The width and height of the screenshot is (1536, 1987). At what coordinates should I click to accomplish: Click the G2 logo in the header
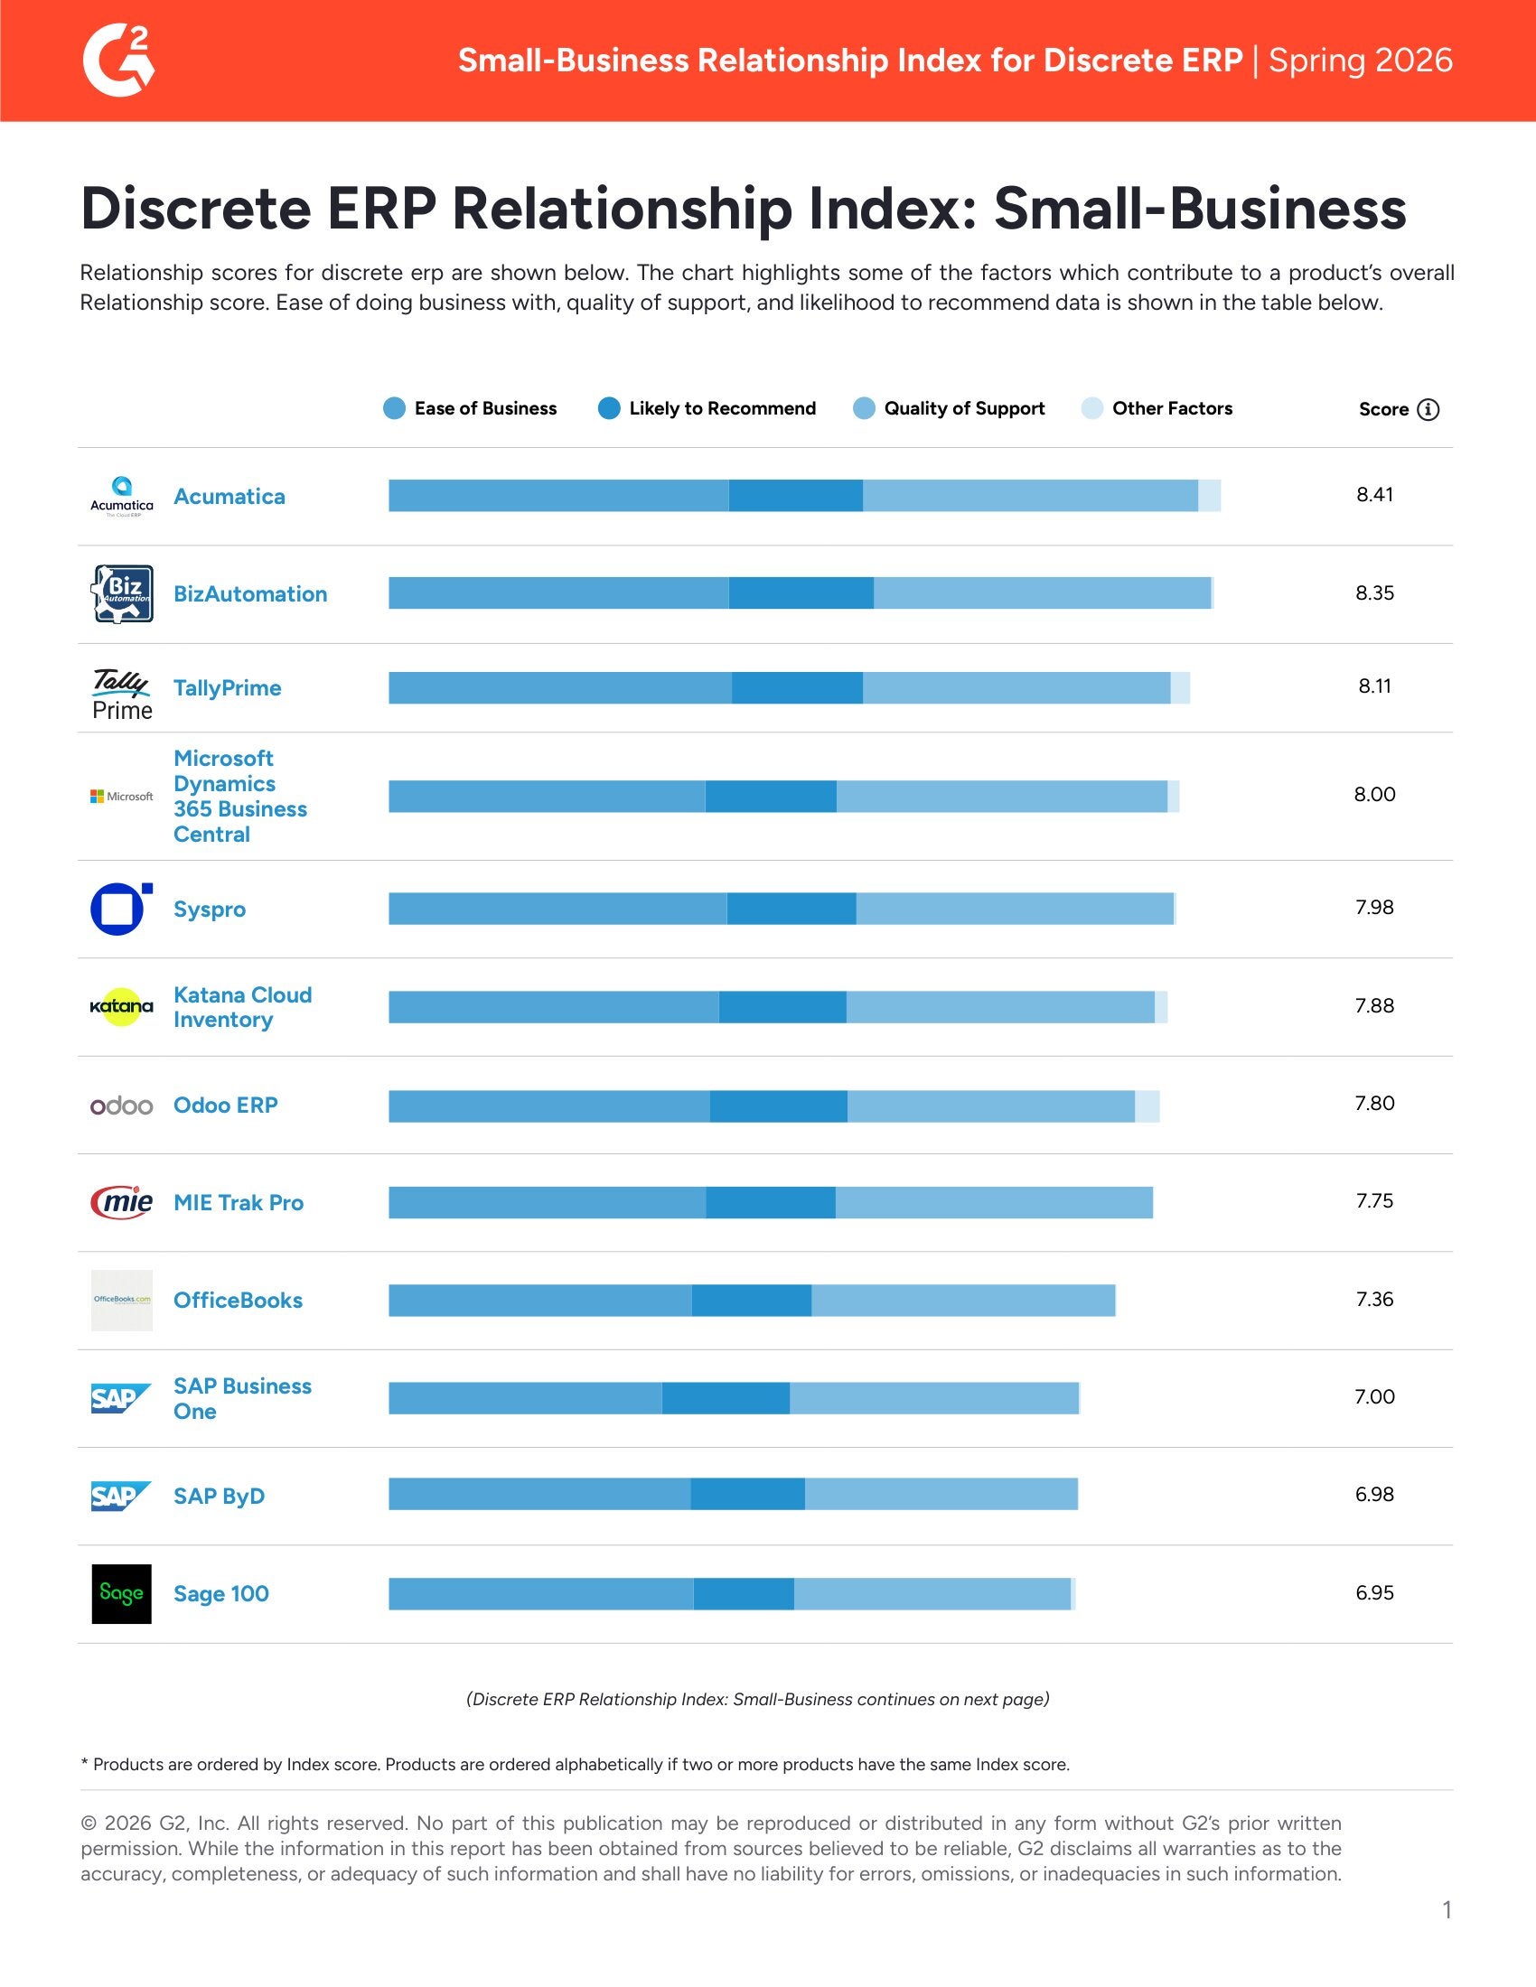click(118, 60)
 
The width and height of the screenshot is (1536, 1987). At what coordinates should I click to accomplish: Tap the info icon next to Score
click(1428, 409)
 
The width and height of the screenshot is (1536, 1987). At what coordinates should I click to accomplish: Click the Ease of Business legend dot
click(394, 408)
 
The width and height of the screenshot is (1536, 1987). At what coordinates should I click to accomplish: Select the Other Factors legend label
click(1172, 408)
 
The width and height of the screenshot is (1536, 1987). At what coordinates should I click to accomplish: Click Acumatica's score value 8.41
click(1374, 495)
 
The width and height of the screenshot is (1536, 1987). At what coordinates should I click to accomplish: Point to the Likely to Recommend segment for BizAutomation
click(801, 593)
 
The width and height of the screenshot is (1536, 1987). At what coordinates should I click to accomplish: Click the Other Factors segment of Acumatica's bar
click(1209, 496)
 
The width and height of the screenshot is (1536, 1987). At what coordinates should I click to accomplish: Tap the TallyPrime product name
click(228, 688)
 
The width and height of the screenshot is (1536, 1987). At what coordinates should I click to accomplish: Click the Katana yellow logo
click(122, 1006)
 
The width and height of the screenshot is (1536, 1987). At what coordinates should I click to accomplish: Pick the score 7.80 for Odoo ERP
click(1374, 1104)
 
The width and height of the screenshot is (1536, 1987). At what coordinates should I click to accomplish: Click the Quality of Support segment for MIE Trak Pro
click(994, 1203)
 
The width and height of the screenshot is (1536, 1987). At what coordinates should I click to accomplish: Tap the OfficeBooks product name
click(238, 1300)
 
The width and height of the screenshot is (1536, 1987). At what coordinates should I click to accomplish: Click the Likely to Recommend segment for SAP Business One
click(726, 1398)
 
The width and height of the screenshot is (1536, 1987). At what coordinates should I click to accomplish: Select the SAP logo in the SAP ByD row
click(120, 1496)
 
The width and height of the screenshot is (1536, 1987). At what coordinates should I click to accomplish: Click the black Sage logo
click(122, 1594)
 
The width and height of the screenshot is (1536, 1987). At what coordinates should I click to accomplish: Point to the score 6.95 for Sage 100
click(1374, 1593)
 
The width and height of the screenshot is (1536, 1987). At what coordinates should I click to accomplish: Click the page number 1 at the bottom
click(1447, 1909)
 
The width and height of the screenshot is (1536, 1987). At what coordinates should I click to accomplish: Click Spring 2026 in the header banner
click(1361, 60)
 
